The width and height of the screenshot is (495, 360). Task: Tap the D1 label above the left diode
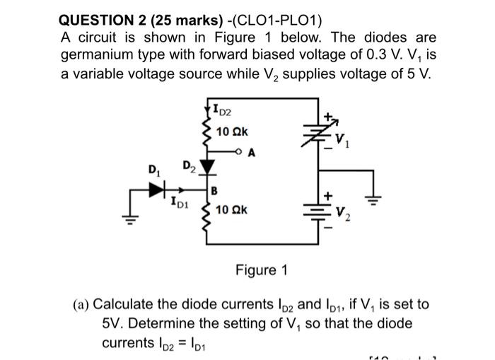tap(152, 170)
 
